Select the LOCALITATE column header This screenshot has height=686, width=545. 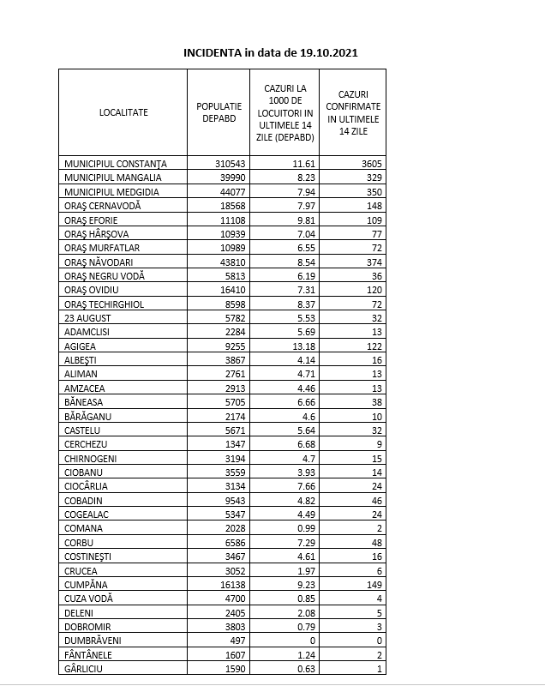[x=123, y=112]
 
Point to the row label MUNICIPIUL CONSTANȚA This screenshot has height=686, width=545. [x=115, y=164]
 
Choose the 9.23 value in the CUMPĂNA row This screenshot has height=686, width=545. [x=304, y=584]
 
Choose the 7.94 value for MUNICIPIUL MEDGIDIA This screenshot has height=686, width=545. [x=304, y=191]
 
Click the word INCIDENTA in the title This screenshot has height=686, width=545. [x=213, y=52]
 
